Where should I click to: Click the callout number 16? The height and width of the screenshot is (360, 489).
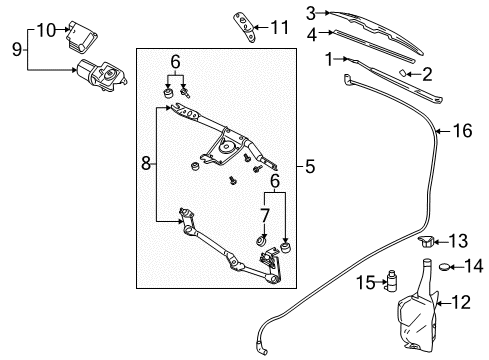tap(461, 130)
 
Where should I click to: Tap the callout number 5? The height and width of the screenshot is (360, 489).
tap(310, 166)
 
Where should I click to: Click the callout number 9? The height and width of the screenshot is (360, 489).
tap(15, 46)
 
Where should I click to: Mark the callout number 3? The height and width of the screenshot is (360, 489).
tap(311, 13)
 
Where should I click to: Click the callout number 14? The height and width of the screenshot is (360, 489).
tap(475, 266)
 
